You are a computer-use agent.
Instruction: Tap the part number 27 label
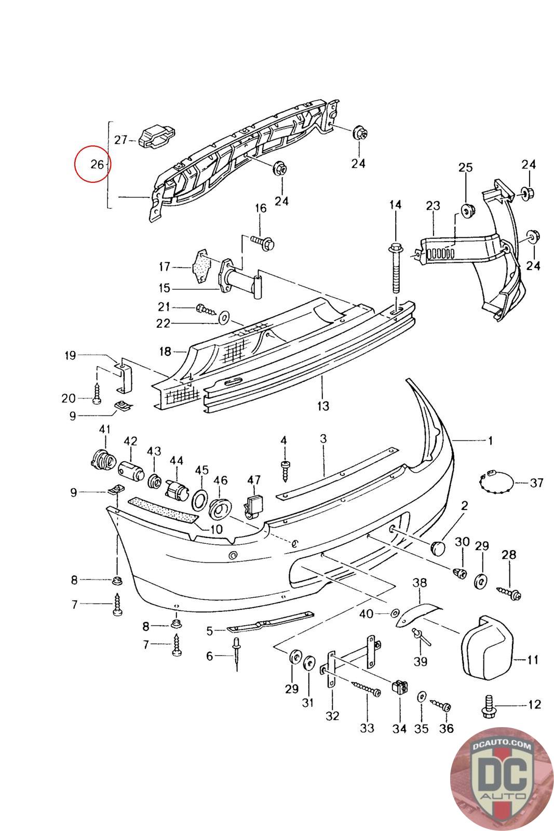121,140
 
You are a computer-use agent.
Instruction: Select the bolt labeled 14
396,269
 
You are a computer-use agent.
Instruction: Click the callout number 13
323,406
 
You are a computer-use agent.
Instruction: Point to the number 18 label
165,352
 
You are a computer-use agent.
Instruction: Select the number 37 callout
536,483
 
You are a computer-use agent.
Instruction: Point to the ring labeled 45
199,500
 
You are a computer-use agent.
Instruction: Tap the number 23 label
433,206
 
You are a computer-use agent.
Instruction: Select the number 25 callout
466,167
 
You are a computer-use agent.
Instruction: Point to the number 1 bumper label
490,441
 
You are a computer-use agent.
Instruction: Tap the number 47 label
254,480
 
